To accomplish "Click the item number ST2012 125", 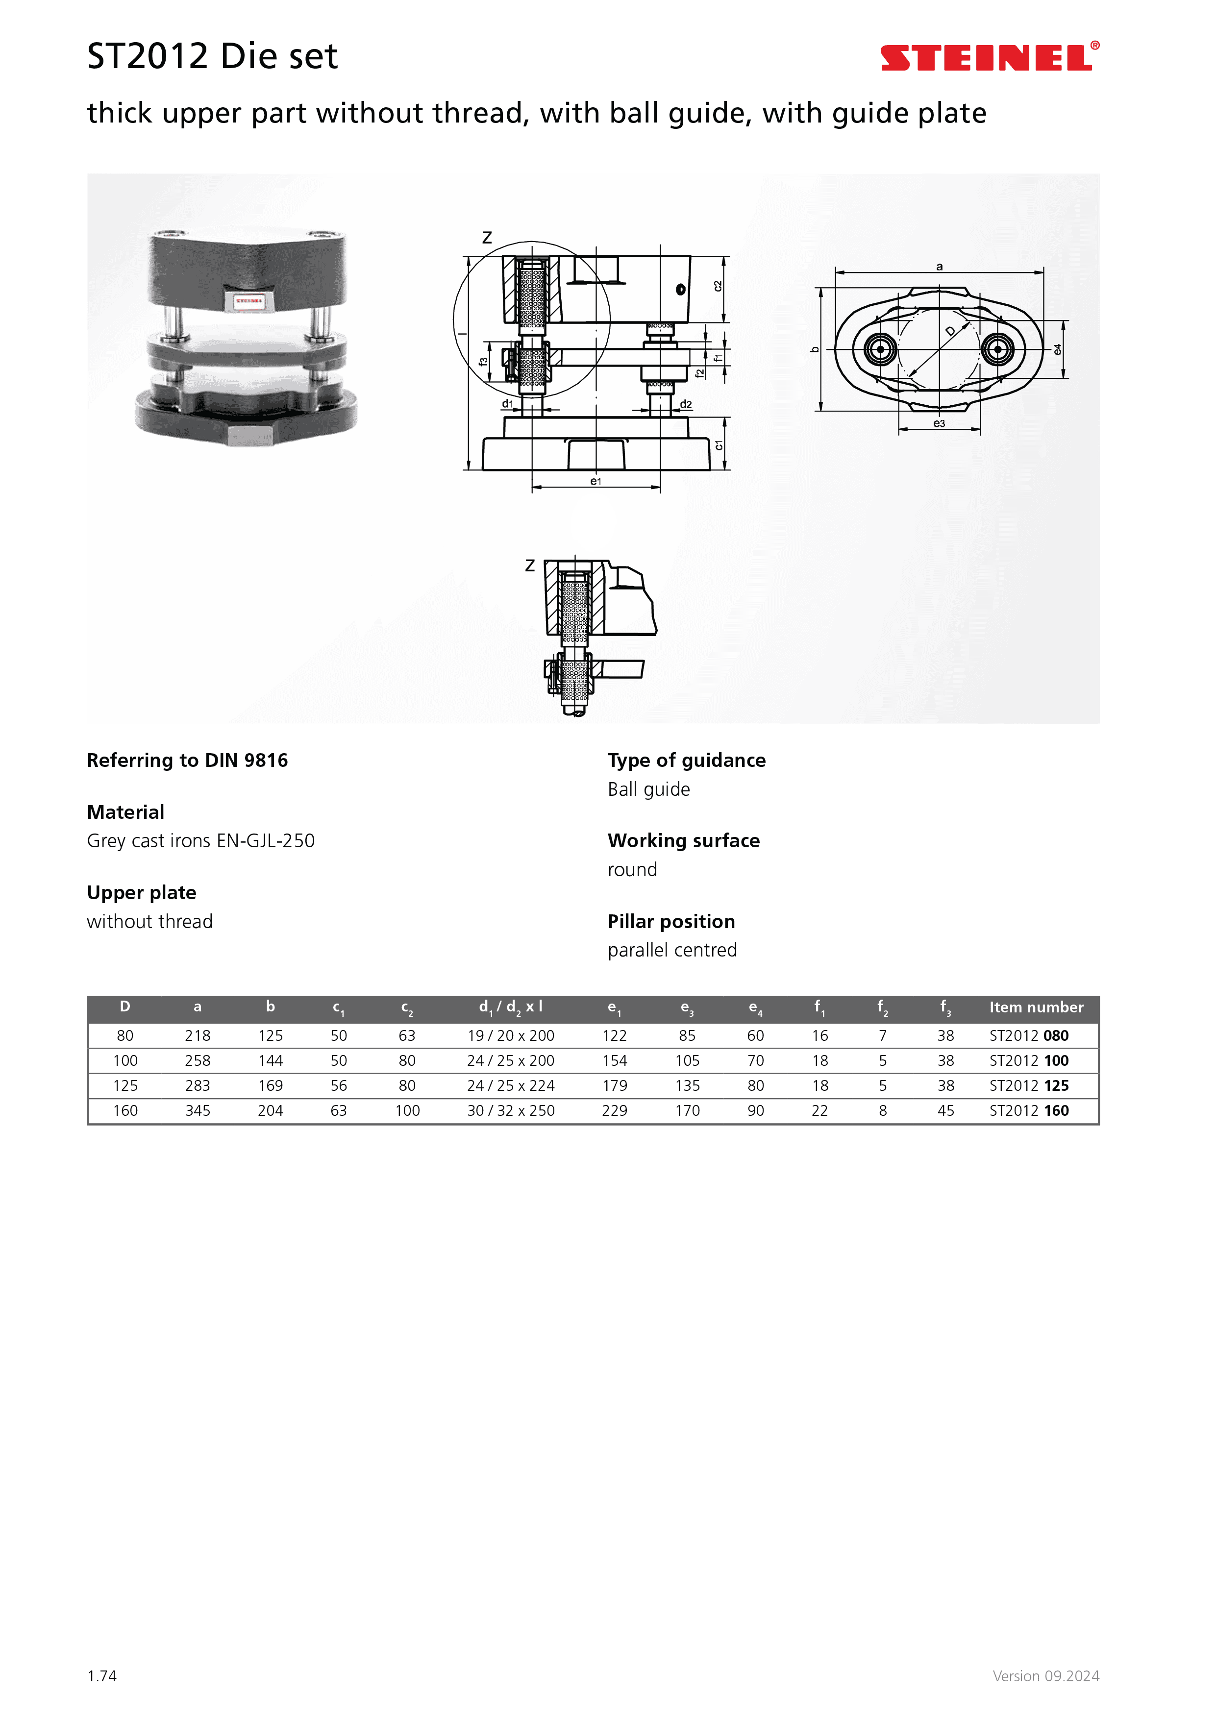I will [x=1029, y=1085].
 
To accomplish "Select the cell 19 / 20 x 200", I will [x=511, y=1035].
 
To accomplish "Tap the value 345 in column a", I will [x=198, y=1110].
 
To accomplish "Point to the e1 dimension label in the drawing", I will [x=596, y=481].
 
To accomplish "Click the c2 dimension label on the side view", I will [x=718, y=286].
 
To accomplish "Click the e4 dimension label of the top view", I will [x=1057, y=350].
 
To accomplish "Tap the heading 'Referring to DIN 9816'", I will [x=187, y=761].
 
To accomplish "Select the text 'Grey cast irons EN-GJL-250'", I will [x=200, y=841].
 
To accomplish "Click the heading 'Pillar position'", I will [x=671, y=922].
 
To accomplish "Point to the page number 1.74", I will [x=102, y=1675].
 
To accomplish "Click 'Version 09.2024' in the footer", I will [x=1045, y=1675].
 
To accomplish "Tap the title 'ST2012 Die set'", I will [x=213, y=57].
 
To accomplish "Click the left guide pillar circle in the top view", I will [x=880, y=349].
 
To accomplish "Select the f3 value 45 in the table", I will [x=945, y=1110].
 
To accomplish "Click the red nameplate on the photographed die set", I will [x=248, y=301].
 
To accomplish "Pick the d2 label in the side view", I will [x=686, y=404].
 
